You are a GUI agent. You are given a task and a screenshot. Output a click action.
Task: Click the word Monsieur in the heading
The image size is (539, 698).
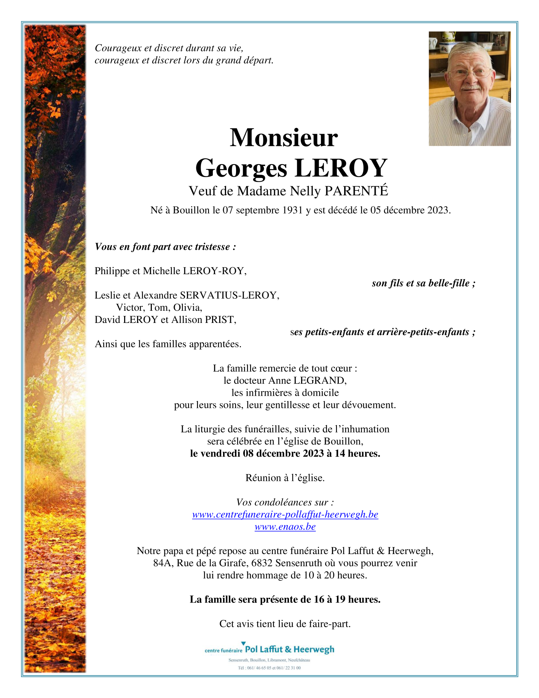(x=284, y=138)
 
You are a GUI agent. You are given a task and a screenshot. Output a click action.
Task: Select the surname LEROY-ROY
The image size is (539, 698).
(x=215, y=271)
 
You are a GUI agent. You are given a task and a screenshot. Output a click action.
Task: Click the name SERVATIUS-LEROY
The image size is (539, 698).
(x=230, y=295)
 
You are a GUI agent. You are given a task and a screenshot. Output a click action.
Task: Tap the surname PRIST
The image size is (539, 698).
(x=220, y=320)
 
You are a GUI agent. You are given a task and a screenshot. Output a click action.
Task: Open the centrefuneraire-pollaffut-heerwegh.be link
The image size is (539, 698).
(x=285, y=514)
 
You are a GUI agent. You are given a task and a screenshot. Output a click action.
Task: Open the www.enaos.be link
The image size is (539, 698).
(x=285, y=527)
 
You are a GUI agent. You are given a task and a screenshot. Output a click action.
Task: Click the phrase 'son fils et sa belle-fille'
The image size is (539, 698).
(x=423, y=283)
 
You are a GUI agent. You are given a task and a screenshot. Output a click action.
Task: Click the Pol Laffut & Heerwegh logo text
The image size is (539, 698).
(x=289, y=650)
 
